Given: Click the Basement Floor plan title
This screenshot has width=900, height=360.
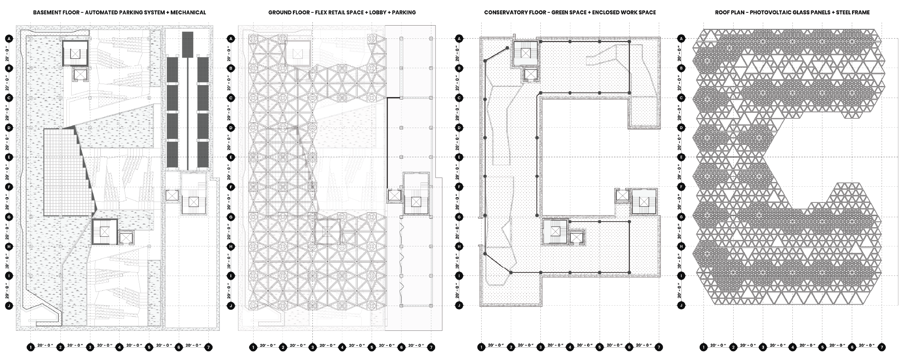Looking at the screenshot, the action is click(119, 12).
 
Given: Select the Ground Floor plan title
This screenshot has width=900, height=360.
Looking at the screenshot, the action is click(342, 12).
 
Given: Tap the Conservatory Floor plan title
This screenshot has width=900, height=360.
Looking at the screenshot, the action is click(570, 12).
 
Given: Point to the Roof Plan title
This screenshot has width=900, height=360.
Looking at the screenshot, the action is click(792, 12).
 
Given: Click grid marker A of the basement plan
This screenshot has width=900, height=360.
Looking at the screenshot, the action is click(9, 39).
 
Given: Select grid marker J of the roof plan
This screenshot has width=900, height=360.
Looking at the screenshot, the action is click(681, 306).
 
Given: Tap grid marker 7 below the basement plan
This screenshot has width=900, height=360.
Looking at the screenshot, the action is click(208, 347).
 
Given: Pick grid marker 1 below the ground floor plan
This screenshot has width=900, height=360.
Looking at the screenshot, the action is click(253, 347).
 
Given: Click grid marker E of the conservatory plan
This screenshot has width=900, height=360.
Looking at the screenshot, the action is click(459, 157).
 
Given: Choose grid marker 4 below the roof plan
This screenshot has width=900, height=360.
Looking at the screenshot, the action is click(793, 347).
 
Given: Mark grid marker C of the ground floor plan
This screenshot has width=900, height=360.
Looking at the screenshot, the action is click(231, 98).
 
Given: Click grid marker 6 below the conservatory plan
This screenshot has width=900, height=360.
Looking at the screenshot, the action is click(629, 347).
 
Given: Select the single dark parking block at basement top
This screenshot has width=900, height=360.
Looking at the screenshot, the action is click(188, 44).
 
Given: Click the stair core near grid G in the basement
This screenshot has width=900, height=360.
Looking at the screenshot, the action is click(104, 232).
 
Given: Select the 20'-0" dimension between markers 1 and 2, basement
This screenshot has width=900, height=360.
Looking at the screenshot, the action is click(46, 345).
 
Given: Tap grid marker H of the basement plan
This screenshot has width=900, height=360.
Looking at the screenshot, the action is click(9, 247).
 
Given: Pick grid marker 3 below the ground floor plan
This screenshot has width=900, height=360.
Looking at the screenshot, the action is click(313, 347).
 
